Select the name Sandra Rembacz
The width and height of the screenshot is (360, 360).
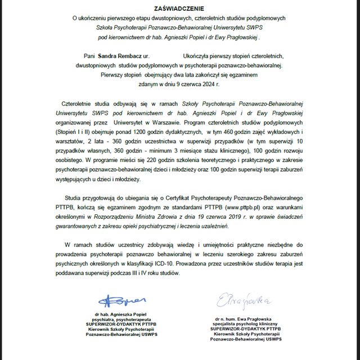click(119, 57)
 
